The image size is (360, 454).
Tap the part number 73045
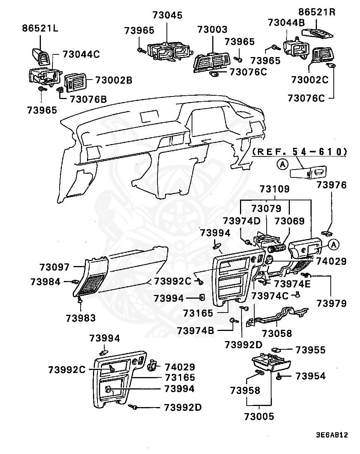tap(167, 15)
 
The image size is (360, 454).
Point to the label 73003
tap(212, 30)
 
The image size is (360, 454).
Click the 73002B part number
tap(113, 80)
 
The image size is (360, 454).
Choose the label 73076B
tap(87, 99)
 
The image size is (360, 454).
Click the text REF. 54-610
tap(299, 152)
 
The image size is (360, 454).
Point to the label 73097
tap(55, 267)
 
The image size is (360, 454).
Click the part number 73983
tap(81, 318)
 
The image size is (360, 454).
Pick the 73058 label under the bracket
tap(276, 333)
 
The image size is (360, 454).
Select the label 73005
tap(259, 416)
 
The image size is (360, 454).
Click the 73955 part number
tap(310, 350)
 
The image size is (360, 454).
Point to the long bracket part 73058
tap(277, 317)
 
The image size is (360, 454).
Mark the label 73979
tap(331, 303)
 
